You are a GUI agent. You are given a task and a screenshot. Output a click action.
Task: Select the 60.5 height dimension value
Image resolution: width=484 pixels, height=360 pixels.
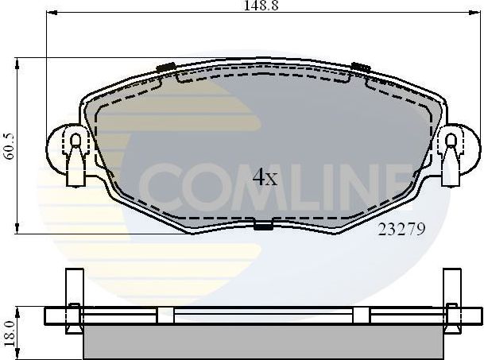pos(9,146)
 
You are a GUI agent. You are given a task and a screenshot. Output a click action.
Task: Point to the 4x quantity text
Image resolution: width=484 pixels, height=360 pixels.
pos(265,177)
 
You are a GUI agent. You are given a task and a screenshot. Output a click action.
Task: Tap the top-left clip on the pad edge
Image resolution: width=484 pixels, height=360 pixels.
pos(167,67)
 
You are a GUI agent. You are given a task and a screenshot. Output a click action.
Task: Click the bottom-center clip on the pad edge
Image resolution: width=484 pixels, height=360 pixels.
pos(263,225)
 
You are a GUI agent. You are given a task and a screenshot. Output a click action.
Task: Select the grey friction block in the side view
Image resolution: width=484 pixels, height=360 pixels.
pos(263,340)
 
